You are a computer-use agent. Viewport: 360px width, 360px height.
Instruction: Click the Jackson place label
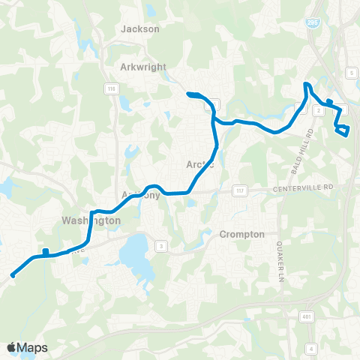click(x=140, y=28)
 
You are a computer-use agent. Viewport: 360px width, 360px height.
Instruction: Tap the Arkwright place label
click(x=142, y=66)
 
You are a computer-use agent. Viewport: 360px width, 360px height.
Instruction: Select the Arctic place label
click(x=200, y=164)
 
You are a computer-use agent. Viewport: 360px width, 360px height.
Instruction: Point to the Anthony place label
click(x=141, y=195)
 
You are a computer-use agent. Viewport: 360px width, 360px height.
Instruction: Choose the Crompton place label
click(x=242, y=234)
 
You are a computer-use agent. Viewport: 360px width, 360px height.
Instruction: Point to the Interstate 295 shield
click(x=311, y=22)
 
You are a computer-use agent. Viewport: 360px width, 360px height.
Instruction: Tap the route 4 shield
click(x=311, y=348)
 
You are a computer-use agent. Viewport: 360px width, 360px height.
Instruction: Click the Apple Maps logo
click(x=28, y=347)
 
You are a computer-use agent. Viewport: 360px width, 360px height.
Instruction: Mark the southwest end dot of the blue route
click(x=13, y=275)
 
